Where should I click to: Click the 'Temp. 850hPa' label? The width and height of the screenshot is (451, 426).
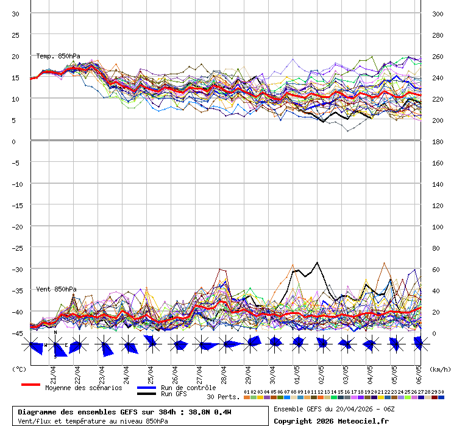click(58, 56)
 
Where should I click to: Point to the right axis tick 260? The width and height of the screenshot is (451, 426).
click(438, 56)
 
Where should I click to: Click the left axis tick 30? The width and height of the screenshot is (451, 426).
click(16, 13)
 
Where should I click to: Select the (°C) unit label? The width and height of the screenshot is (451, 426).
click(19, 369)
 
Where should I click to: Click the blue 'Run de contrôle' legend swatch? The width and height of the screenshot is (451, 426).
click(146, 387)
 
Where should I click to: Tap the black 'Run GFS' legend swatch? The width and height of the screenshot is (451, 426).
click(146, 394)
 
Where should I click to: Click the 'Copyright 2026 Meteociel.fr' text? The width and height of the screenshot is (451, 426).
click(331, 421)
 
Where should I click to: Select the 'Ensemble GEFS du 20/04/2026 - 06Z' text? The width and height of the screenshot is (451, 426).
click(334, 409)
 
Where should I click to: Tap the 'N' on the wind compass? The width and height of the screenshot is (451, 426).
click(55, 332)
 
